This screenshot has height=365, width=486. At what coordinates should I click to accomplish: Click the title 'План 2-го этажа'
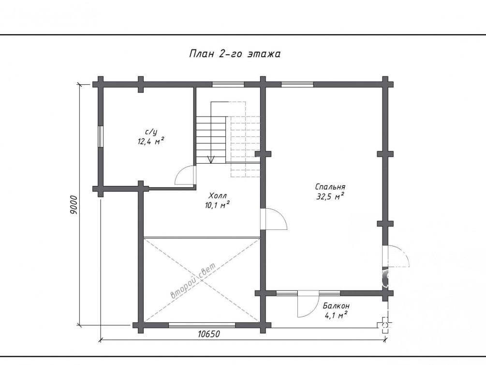[235, 54]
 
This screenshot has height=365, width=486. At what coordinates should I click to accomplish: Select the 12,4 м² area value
[150, 141]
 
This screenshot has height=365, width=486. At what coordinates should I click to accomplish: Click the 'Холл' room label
[218, 196]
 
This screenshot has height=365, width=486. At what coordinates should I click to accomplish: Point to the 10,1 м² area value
[217, 205]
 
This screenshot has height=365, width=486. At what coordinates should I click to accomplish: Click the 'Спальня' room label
[330, 187]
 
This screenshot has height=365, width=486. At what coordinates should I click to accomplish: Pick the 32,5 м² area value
[330, 196]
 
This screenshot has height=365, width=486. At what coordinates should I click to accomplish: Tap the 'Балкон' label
[336, 306]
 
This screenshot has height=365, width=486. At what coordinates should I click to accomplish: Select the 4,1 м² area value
[336, 315]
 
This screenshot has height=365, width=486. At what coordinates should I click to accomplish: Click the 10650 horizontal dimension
[209, 334]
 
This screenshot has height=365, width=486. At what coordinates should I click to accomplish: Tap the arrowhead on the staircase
[211, 160]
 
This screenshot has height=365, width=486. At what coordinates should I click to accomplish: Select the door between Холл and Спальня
[274, 219]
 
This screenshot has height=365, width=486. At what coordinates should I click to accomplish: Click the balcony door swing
[308, 304]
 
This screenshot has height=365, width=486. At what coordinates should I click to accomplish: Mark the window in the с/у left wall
[101, 136]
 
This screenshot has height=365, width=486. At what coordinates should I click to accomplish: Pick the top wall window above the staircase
[228, 84]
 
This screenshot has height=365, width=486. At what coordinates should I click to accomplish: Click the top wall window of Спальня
[297, 84]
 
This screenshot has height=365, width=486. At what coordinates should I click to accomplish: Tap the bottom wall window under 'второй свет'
[202, 325]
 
